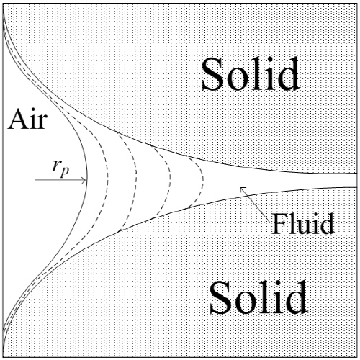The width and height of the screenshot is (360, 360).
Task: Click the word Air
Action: tap(27, 120)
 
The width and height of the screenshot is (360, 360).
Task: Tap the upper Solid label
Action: tap(251, 73)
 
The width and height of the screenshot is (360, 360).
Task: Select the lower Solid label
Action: tap(258, 297)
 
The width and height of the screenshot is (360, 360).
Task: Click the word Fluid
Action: tap(303, 224)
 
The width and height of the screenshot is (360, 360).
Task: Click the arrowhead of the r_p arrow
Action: tap(85, 180)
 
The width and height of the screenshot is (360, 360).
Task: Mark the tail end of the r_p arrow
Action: tap(35, 180)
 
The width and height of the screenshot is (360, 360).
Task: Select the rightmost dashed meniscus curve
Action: tap(203, 179)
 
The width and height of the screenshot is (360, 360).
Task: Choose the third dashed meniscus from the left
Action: tap(171, 178)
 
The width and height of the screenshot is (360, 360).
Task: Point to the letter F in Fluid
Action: tap(279, 224)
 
